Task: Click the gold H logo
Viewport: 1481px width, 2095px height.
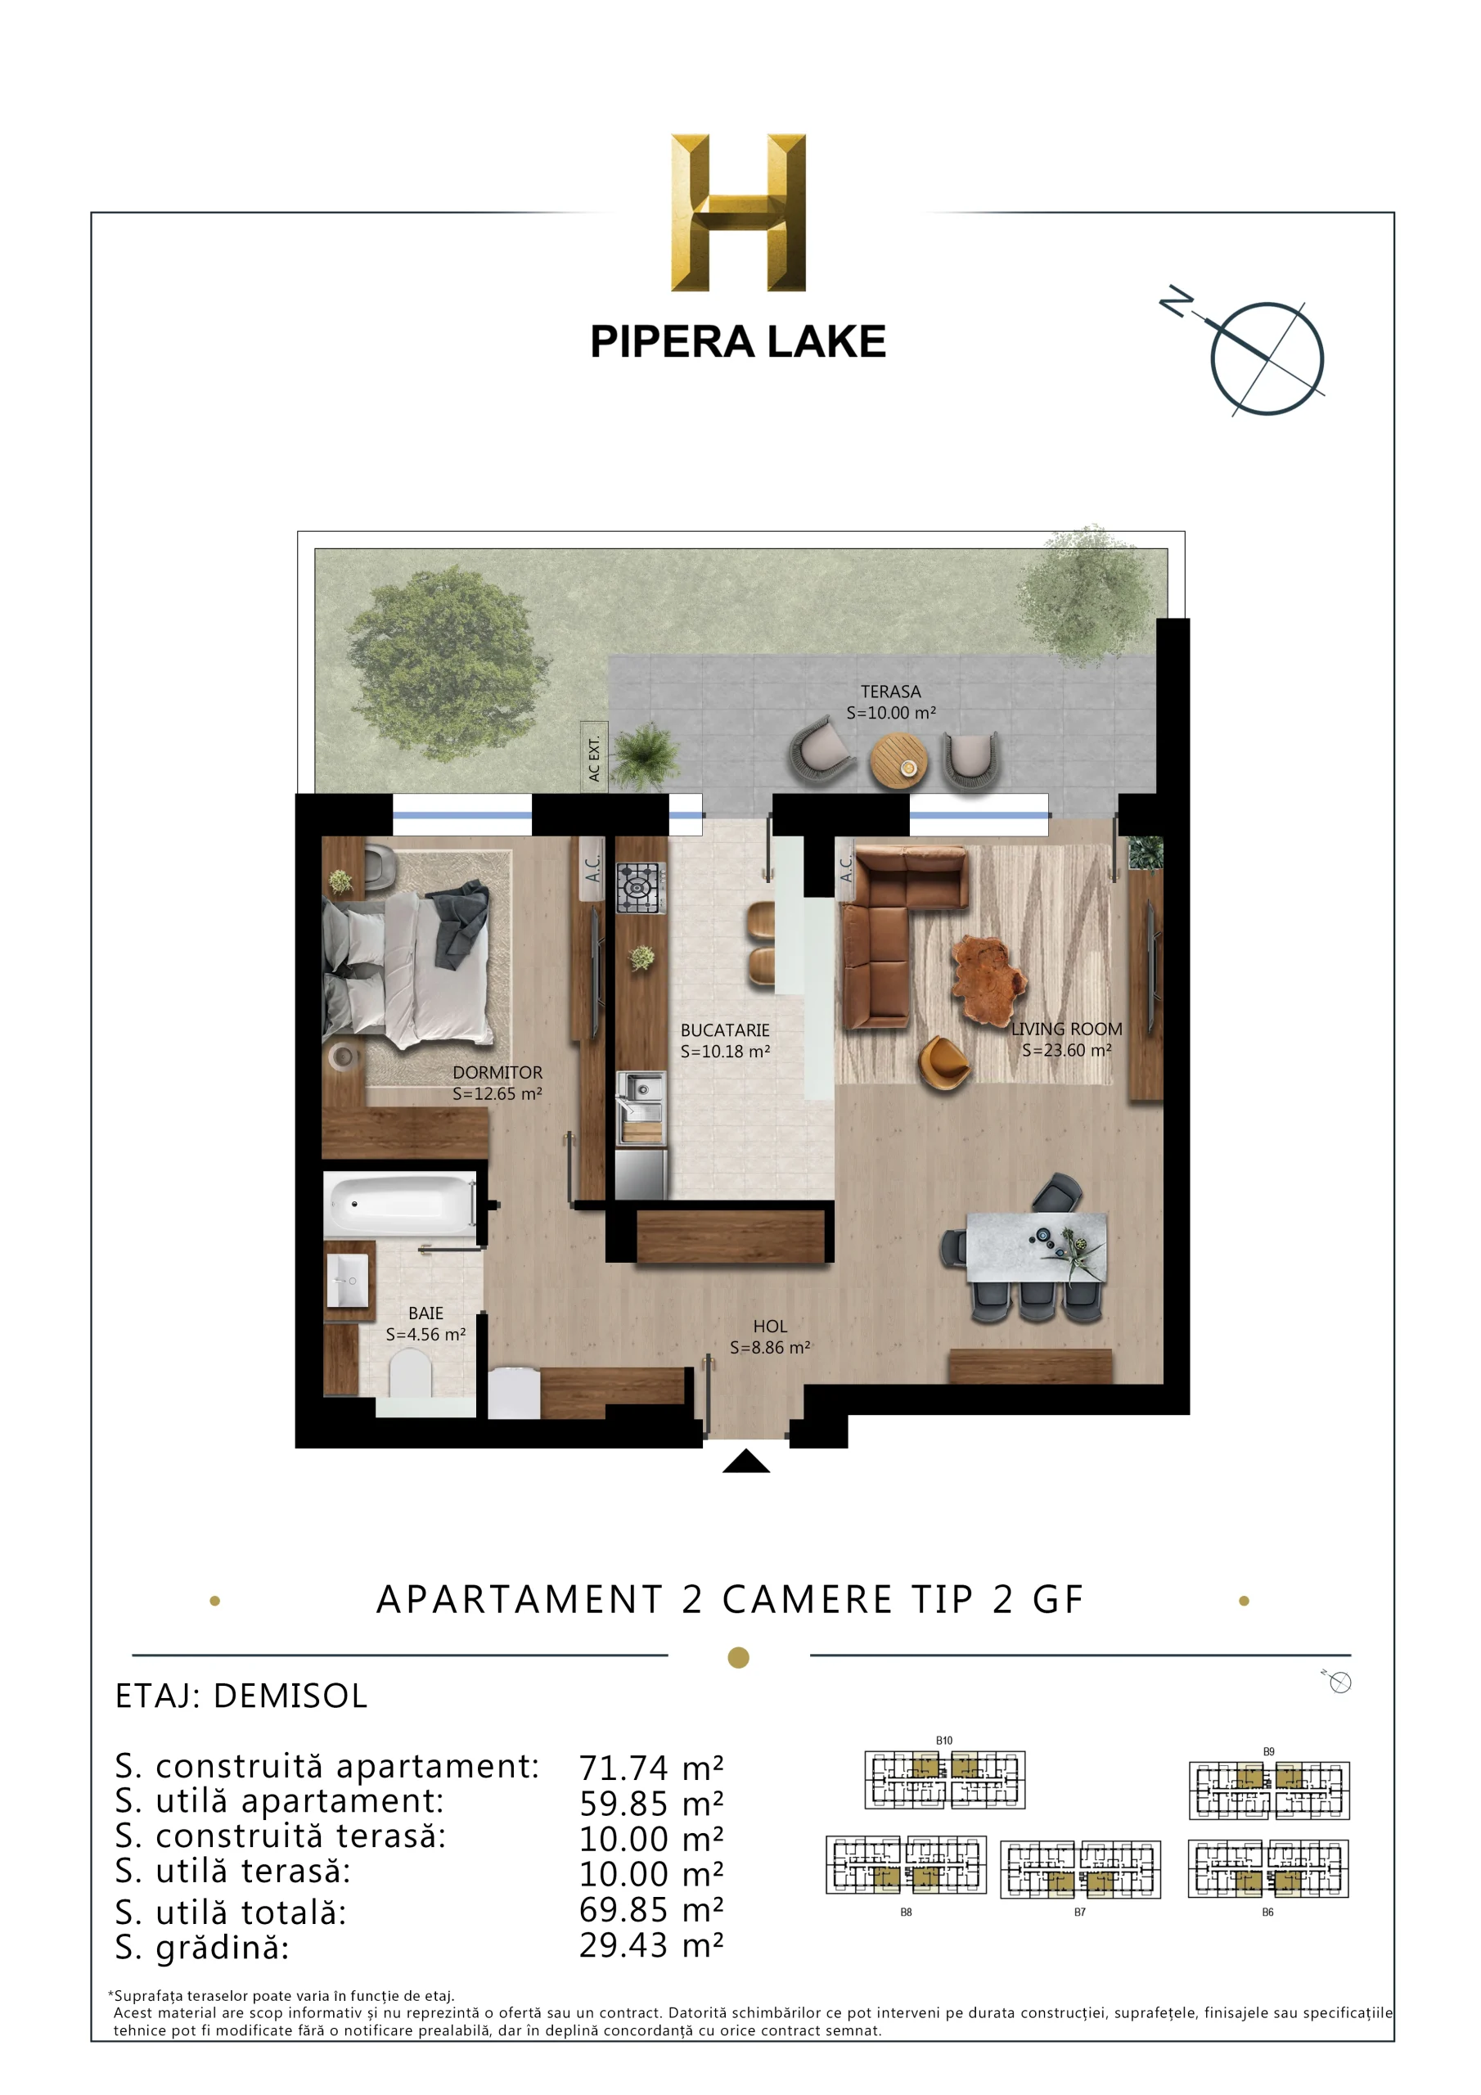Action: click(737, 213)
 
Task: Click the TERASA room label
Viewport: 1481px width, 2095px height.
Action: click(890, 692)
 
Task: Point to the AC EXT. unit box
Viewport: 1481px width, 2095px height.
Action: click(594, 756)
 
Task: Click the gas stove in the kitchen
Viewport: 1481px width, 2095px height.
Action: click(641, 888)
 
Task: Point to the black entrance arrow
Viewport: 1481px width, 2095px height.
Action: click(745, 1462)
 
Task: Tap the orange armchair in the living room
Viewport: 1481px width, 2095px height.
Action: click(943, 1063)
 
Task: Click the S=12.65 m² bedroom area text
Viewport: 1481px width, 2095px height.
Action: click(497, 1093)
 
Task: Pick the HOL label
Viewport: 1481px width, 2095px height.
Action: click(769, 1326)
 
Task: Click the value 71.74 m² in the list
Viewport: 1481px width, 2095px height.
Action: click(651, 1768)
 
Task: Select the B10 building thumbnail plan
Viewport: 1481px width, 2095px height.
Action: click(944, 1779)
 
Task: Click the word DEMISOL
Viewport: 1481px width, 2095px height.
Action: click(290, 1696)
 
